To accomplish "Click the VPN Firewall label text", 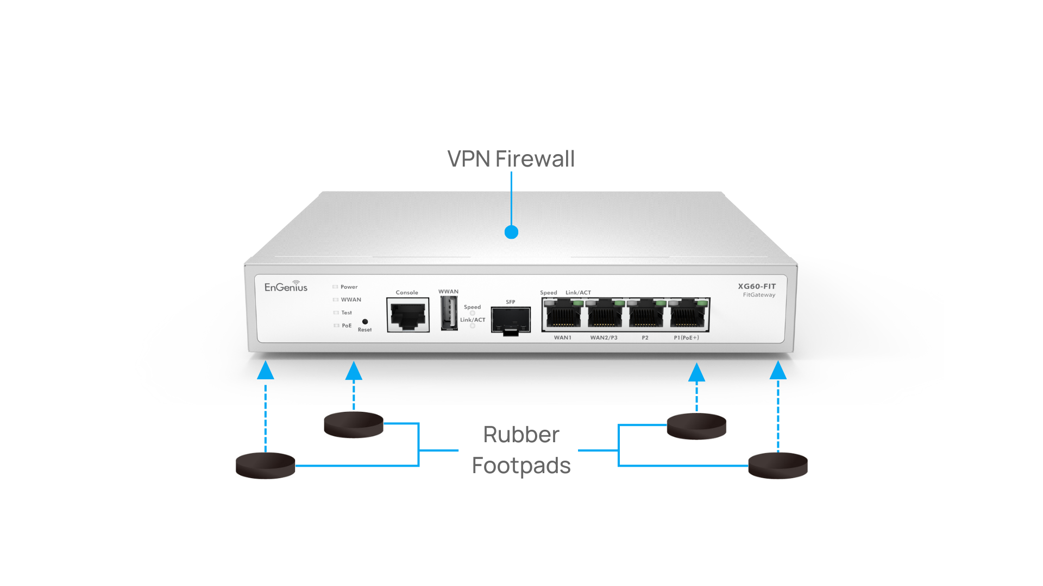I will pyautogui.click(x=511, y=159).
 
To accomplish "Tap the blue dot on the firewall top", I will pyautogui.click(x=511, y=232).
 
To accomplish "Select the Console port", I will pyautogui.click(x=408, y=315).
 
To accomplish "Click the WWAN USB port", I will pyautogui.click(x=449, y=313).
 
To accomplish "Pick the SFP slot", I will pyautogui.click(x=511, y=320).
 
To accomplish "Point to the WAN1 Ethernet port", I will pyautogui.click(x=562, y=315).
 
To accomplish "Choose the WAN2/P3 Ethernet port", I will pyautogui.click(x=604, y=315).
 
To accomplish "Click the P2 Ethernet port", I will pyautogui.click(x=645, y=315).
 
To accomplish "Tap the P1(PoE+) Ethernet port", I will pyautogui.click(x=687, y=315).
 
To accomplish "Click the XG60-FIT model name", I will pyautogui.click(x=757, y=286).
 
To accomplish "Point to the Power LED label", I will pyautogui.click(x=349, y=287).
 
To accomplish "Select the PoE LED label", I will pyautogui.click(x=347, y=326).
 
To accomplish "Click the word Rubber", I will pyautogui.click(x=521, y=435).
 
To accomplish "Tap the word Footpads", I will pyautogui.click(x=521, y=466).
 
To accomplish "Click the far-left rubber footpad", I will pyautogui.click(x=265, y=466).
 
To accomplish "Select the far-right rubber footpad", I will pyautogui.click(x=778, y=466).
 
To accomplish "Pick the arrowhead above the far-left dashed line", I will pyautogui.click(x=265, y=371).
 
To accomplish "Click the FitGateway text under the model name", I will pyautogui.click(x=759, y=295).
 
